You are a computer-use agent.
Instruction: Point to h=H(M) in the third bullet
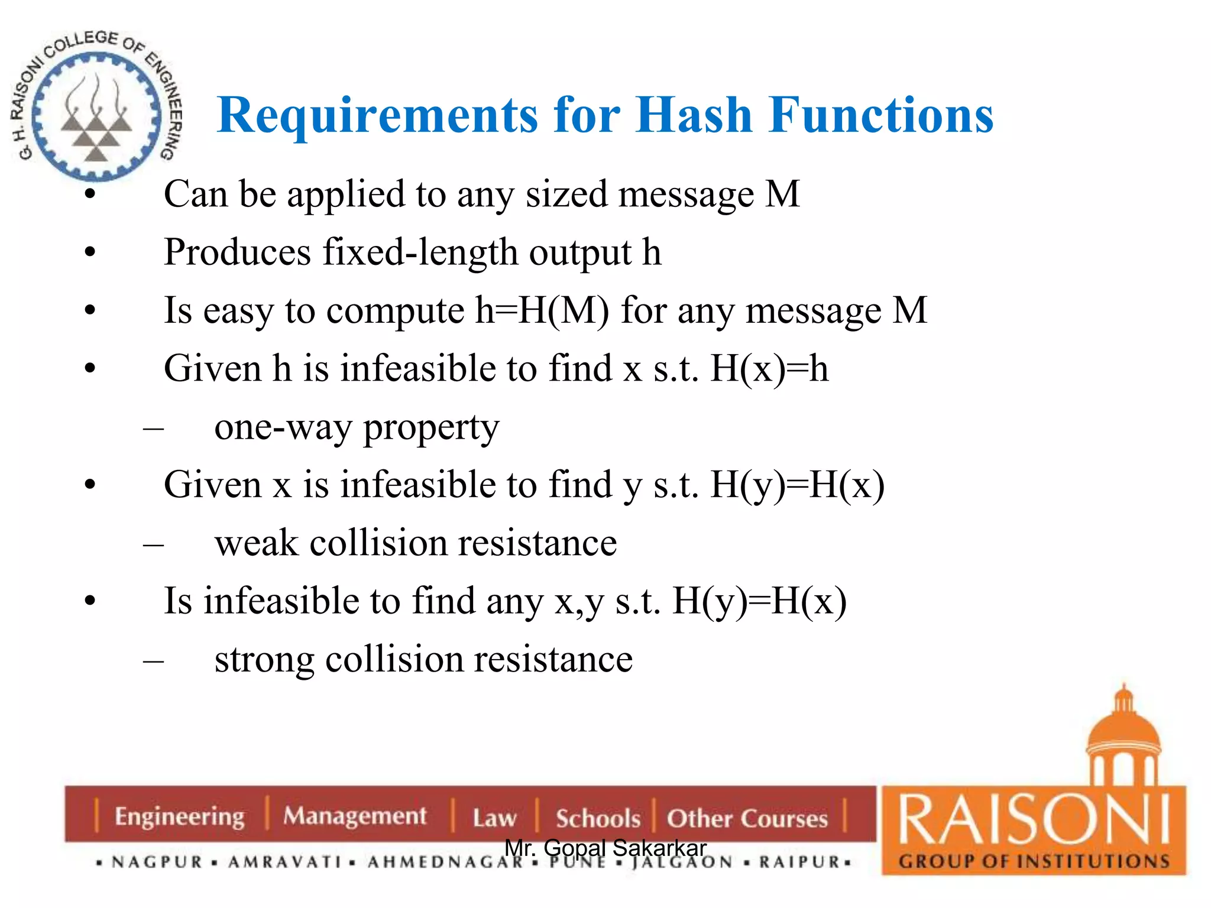pos(542,311)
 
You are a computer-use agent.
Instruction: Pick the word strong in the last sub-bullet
pos(264,660)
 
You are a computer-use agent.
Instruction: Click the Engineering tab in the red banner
pos(179,816)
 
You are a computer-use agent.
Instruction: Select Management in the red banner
pos(354,816)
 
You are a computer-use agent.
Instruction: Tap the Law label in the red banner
pos(494,818)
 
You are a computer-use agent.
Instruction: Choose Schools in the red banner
pos(597,819)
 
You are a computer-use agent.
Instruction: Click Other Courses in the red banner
pos(747,819)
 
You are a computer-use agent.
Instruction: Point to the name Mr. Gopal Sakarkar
pos(605,848)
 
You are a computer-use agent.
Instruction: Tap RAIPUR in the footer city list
pos(799,862)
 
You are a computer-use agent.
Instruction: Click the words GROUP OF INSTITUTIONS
pos(1034,861)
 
